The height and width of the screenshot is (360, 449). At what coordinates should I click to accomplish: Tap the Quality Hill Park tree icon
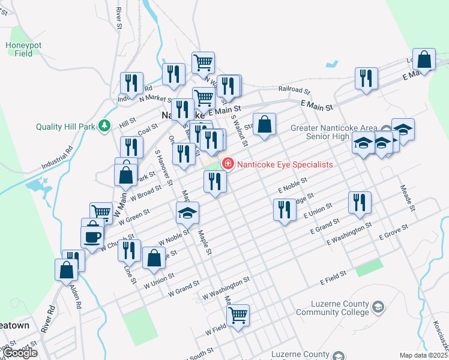(x=105, y=125)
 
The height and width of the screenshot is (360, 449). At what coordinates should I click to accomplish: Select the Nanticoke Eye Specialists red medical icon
(x=228, y=164)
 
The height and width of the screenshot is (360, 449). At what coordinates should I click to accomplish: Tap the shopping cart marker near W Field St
(x=238, y=315)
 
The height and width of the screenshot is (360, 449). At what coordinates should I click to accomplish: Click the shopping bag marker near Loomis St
(x=424, y=59)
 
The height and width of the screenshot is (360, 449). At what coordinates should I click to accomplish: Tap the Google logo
(x=20, y=352)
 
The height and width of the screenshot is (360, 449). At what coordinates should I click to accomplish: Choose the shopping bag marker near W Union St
(x=154, y=258)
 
